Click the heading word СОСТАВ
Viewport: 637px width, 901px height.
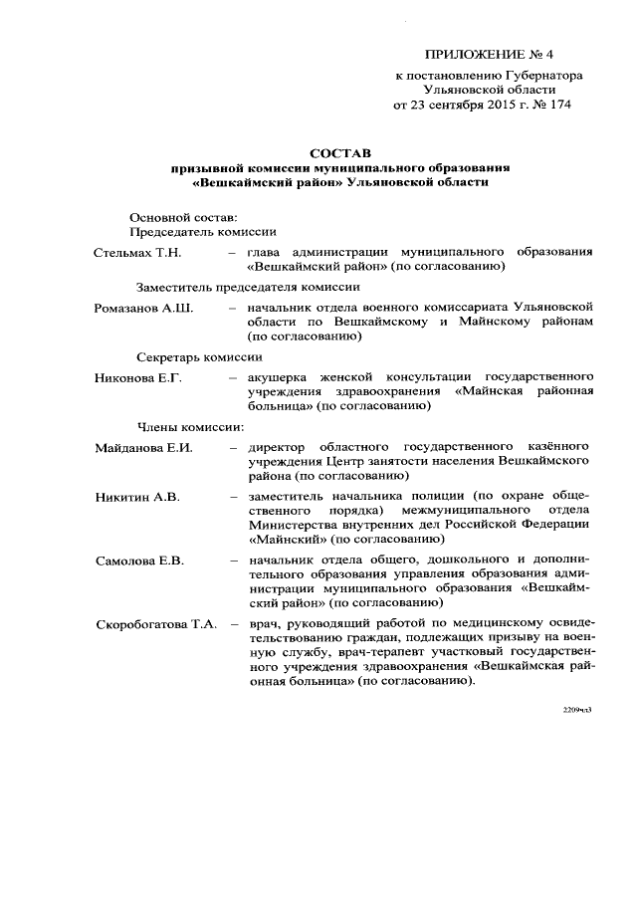pos(339,153)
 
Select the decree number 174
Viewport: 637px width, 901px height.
pos(558,104)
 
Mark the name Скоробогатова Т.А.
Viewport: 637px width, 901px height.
pos(156,624)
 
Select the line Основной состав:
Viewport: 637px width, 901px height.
pos(184,216)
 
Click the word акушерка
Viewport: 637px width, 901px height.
pos(279,377)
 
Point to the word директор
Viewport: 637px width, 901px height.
pos(279,447)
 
